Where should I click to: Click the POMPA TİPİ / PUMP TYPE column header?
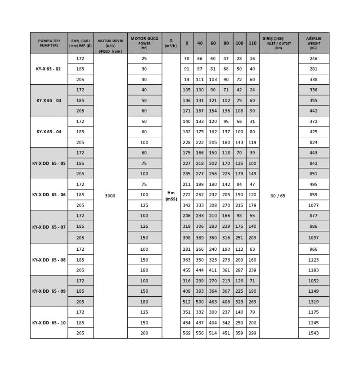[x=49, y=43]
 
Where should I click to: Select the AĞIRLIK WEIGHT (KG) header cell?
[x=314, y=43]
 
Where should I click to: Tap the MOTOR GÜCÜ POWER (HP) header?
[x=144, y=43]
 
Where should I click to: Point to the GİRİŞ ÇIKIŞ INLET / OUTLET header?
[x=279, y=43]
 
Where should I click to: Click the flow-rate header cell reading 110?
[x=252, y=43]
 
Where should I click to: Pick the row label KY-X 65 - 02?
[x=49, y=69]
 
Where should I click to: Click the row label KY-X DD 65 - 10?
[x=49, y=322]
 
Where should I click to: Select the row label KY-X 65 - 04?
[x=49, y=132]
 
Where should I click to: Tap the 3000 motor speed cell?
[x=110, y=195]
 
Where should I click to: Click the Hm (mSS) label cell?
[x=171, y=195]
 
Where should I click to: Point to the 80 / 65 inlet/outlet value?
[x=279, y=195]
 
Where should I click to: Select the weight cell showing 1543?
[x=314, y=333]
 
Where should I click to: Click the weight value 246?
[x=314, y=59]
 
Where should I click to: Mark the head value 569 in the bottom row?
[x=187, y=333]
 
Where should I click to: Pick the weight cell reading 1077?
[x=314, y=205]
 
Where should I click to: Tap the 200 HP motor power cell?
[x=144, y=333]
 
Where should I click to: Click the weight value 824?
[x=314, y=142]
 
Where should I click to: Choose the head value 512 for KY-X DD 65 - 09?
[x=187, y=302]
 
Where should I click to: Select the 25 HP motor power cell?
[x=144, y=59]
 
